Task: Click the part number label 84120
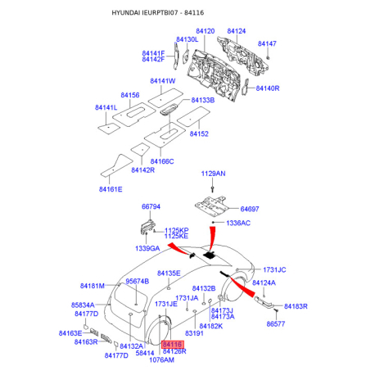point(203,31)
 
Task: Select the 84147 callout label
point(267,43)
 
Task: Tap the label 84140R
point(268,88)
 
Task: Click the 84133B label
point(202,100)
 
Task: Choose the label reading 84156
point(131,96)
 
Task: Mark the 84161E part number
point(111,189)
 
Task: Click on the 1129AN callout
point(213,174)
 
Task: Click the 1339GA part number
point(148,248)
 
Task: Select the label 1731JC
point(274,269)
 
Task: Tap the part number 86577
point(278,325)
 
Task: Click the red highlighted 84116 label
point(174,346)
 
